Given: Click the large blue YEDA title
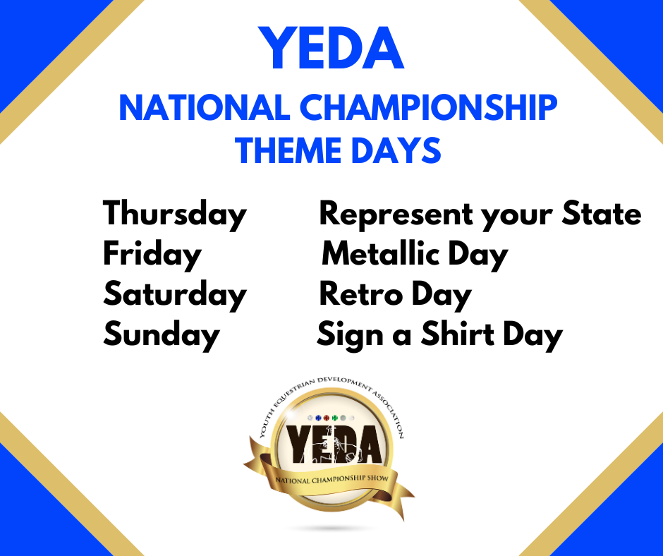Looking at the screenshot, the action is pyautogui.click(x=331, y=48).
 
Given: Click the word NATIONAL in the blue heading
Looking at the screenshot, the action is pyautogui.click(x=205, y=108).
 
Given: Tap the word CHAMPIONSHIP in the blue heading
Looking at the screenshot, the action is pyautogui.click(x=429, y=108).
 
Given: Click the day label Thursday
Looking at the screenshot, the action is pyautogui.click(x=175, y=214).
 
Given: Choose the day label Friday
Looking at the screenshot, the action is pyautogui.click(x=152, y=255).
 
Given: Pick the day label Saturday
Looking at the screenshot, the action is pyautogui.click(x=175, y=295).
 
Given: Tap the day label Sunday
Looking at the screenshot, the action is pyautogui.click(x=162, y=335).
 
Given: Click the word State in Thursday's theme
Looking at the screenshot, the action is pyautogui.click(x=601, y=214).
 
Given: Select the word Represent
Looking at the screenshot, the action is pyautogui.click(x=396, y=214).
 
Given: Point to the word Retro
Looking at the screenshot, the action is pyautogui.click(x=361, y=294).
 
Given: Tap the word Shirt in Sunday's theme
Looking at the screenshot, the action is pyautogui.click(x=458, y=334).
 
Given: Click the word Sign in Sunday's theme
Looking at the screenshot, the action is pyautogui.click(x=350, y=336).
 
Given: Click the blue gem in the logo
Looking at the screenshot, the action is pyautogui.click(x=318, y=418).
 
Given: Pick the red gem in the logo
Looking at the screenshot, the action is pyautogui.click(x=327, y=418).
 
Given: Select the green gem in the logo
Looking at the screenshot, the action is pyautogui.click(x=335, y=418).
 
